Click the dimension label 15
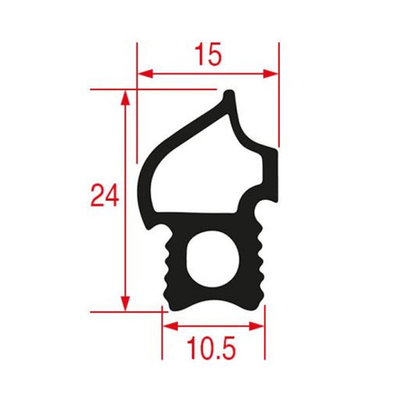(207, 55)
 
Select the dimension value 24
(104, 197)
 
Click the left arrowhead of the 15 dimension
(143, 74)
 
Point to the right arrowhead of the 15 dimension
(272, 74)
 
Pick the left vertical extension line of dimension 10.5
(162, 336)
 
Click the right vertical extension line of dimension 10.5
(265, 336)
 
